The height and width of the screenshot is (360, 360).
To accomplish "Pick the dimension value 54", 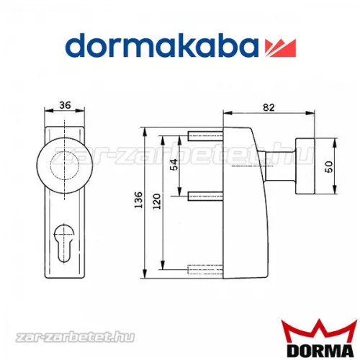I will pyautogui.click(x=172, y=166).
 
